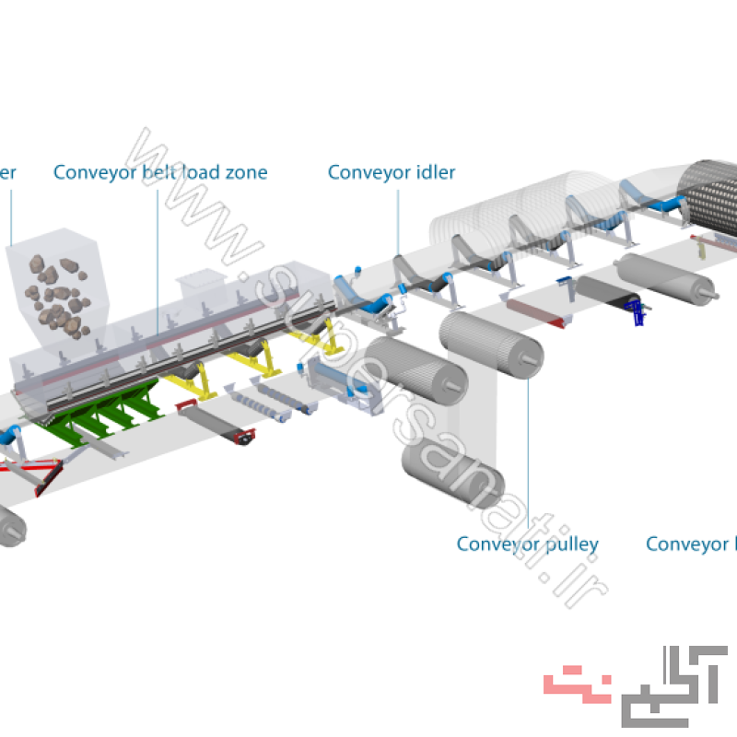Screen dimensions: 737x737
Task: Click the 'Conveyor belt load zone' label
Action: pos(160,172)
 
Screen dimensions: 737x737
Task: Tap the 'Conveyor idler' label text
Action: pos(392,172)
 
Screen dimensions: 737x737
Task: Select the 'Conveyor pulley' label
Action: pos(527,544)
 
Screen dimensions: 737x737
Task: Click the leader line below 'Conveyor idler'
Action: pos(398,221)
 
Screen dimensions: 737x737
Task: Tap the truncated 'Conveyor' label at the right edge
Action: pos(691,544)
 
